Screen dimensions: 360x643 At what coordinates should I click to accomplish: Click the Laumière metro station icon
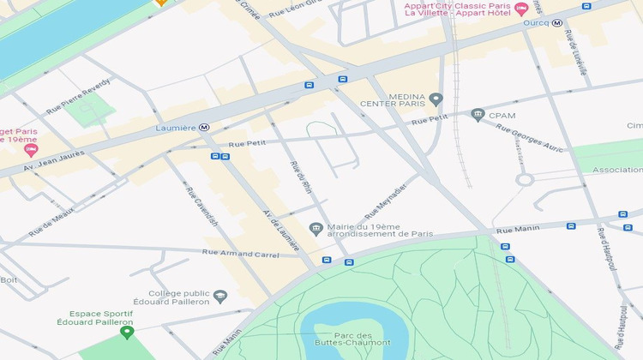point(204,128)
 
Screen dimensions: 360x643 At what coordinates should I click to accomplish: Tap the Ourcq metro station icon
point(557,23)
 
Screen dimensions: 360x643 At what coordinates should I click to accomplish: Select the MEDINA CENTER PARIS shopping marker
point(436,99)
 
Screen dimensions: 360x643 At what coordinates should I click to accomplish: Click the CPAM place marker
point(478,115)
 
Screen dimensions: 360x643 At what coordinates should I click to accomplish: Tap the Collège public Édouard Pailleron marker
point(220,297)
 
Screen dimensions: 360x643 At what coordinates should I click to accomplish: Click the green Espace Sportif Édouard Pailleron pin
point(127,332)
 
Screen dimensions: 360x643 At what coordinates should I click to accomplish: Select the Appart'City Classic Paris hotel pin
point(520,9)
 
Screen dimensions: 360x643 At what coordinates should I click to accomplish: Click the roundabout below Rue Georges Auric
point(524,180)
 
